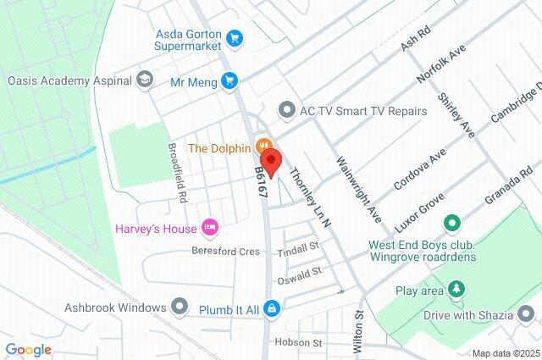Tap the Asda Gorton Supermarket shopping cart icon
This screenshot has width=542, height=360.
[x=235, y=38]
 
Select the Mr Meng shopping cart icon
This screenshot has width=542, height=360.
[x=229, y=80]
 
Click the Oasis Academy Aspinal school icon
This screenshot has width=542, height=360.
[x=146, y=80]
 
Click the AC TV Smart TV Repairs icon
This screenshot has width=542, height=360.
[x=285, y=110]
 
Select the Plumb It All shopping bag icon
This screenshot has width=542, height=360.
[x=271, y=307]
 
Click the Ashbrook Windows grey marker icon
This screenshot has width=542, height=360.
[x=180, y=306]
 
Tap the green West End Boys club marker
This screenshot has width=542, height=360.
[x=452, y=224]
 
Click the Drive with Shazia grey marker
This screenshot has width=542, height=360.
[x=527, y=315]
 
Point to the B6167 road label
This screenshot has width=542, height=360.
[x=261, y=182]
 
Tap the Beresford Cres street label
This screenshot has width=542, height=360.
[x=225, y=252]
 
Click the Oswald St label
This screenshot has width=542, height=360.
[x=300, y=274]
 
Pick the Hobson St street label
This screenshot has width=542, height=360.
[x=299, y=343]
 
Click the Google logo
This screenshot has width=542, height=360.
[x=28, y=349]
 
